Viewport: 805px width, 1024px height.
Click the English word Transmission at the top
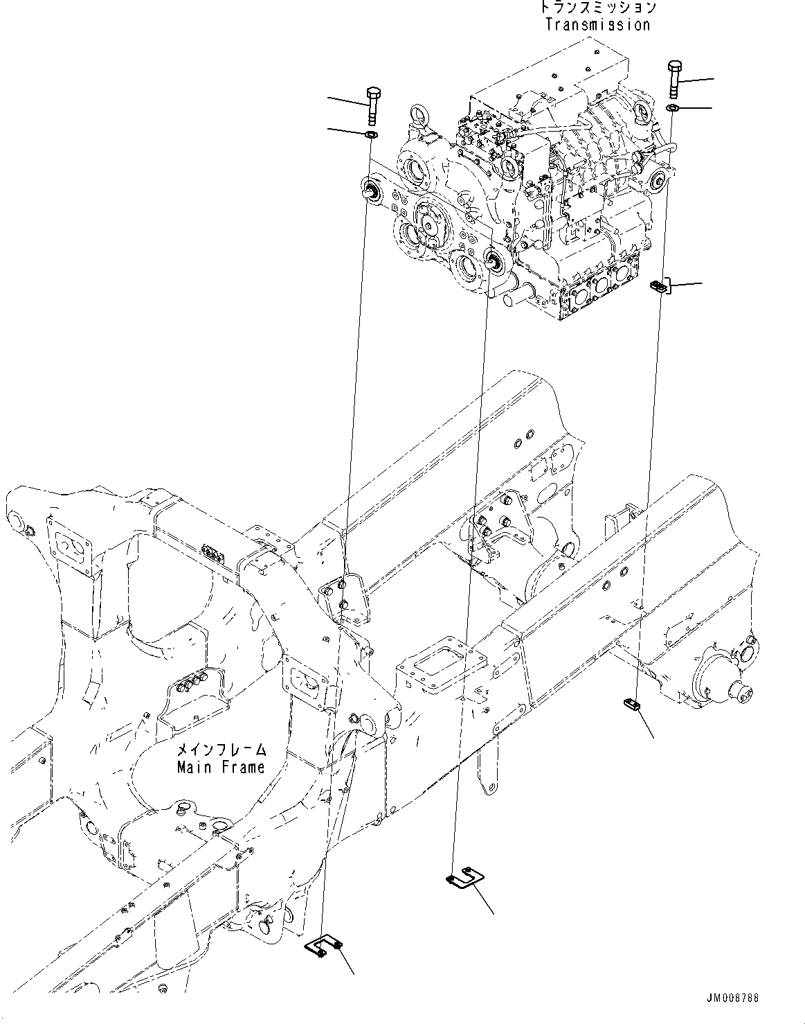click(x=597, y=25)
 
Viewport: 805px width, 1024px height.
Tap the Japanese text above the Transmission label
click(x=597, y=8)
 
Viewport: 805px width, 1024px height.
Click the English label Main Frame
click(x=220, y=768)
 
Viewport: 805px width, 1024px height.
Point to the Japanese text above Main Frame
click(x=220, y=750)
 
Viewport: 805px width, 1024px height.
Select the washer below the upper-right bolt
click(x=673, y=108)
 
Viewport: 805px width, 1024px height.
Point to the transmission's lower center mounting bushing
click(x=493, y=261)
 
